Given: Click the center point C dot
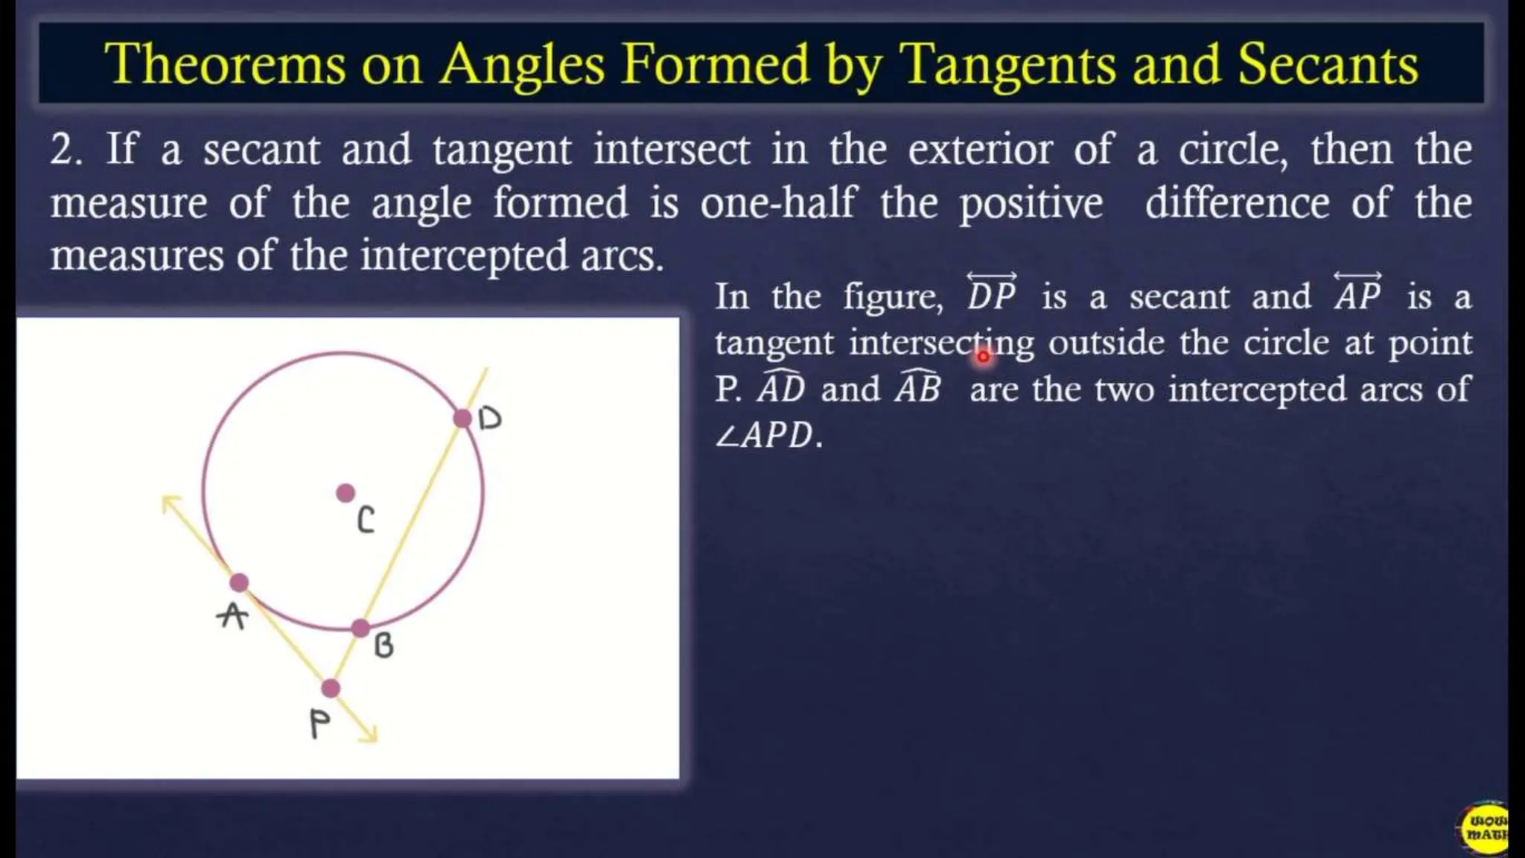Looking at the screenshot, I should click(346, 492).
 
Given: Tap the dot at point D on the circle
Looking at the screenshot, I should click(462, 418).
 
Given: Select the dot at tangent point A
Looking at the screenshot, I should click(238, 582).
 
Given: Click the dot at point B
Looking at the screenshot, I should click(360, 628).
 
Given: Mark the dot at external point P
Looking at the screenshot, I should click(331, 688).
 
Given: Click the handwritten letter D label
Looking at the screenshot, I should click(490, 419).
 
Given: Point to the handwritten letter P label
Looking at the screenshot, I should click(319, 723).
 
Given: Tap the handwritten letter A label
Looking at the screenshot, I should click(232, 616).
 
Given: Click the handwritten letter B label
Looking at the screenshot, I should click(383, 645).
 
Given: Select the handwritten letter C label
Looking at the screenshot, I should click(366, 520).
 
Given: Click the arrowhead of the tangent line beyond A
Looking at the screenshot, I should click(169, 503).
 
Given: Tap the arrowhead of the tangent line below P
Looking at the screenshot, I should click(370, 735).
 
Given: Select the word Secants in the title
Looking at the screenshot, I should click(1328, 64).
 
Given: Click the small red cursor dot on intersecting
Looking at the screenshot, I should click(983, 357).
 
